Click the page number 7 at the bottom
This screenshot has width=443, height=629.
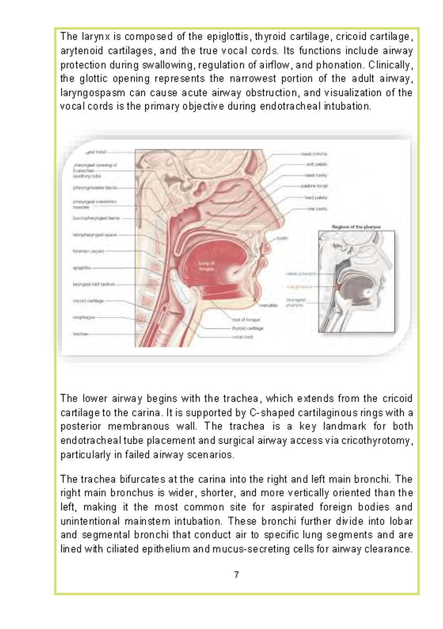coord(236,575)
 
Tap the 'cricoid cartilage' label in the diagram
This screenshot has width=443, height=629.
coord(88,301)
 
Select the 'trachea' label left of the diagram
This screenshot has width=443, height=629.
coord(80,333)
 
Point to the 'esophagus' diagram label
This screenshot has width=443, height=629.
coord(84,317)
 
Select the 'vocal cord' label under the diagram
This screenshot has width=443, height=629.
coord(242,337)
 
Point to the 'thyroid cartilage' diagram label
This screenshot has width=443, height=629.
coord(247,328)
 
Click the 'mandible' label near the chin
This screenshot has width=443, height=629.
coord(267,306)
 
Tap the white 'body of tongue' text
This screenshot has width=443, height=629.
coord(207,266)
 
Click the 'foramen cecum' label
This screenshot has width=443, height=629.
coord(88,252)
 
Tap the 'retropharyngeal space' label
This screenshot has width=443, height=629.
coord(95,235)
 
